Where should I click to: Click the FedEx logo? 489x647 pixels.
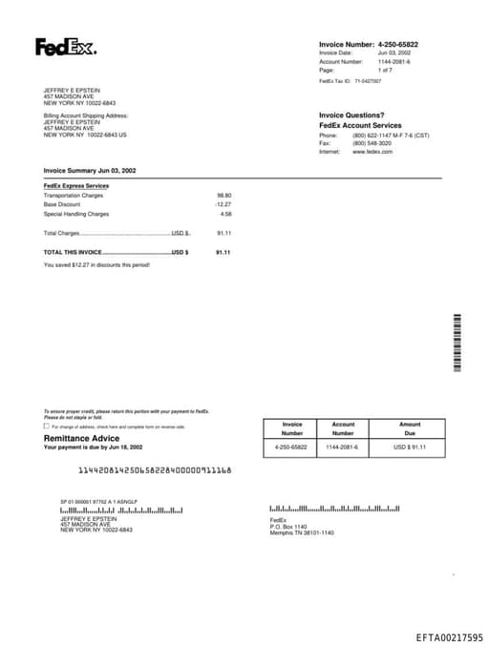click(66, 47)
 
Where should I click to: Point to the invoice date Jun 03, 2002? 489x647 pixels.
click(394, 52)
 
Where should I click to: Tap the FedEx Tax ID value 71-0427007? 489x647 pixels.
click(368, 82)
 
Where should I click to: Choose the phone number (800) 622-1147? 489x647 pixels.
click(372, 136)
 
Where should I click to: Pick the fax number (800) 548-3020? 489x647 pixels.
click(372, 143)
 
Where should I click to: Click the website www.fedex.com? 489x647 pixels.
click(372, 152)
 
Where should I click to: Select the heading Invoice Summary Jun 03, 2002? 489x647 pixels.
click(90, 170)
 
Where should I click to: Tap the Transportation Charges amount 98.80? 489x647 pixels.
click(224, 195)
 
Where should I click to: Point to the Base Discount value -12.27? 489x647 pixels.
click(223, 204)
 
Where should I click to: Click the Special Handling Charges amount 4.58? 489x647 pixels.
click(226, 214)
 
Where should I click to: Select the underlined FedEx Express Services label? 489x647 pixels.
click(76, 185)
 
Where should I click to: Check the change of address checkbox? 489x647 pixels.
click(47, 427)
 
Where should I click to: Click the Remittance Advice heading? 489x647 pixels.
click(82, 438)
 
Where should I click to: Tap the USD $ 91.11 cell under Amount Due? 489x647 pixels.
click(410, 447)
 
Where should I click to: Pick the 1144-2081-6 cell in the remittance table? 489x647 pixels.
click(343, 447)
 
